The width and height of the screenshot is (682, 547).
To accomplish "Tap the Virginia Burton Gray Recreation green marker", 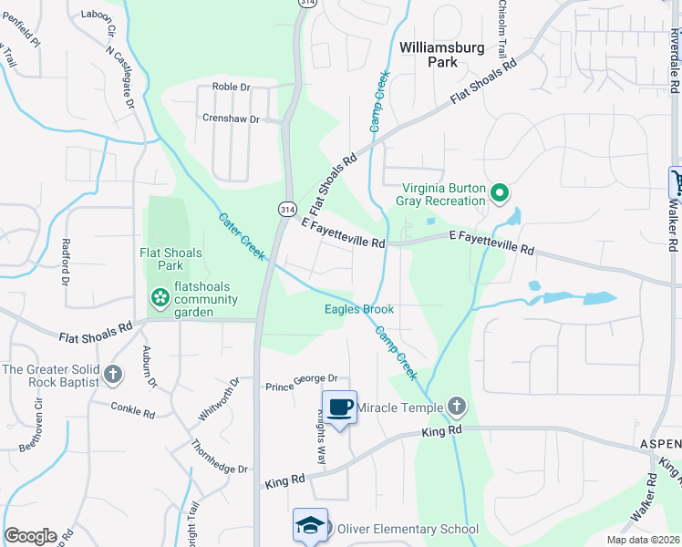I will pos(499,193).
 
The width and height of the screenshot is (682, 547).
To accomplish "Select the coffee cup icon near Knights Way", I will pos(339,407).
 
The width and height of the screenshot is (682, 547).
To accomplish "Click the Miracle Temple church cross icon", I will pos(457,407).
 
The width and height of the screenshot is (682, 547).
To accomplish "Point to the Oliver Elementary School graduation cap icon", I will pos(310,526).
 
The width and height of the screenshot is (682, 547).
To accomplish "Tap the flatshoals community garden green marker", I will pos(160,297).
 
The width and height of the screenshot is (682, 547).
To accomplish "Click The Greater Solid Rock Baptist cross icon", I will pos(112,374).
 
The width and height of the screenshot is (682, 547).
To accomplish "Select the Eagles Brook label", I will pos(359,309).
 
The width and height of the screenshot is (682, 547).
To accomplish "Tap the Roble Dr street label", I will pos(231,87).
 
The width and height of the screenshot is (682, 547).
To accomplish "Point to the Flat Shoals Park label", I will pos(170,259).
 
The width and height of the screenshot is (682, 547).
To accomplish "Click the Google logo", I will pos(30,536).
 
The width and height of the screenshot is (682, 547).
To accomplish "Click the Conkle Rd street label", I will pos(132,410).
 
